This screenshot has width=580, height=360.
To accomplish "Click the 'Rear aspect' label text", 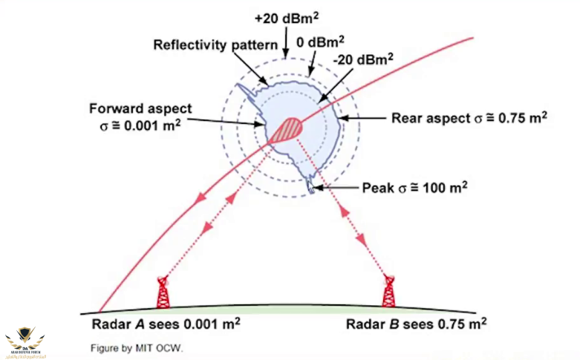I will tap(427, 117).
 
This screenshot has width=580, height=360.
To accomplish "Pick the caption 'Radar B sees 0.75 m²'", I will tap(416, 324).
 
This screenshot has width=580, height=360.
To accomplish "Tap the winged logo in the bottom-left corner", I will tap(22, 339).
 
